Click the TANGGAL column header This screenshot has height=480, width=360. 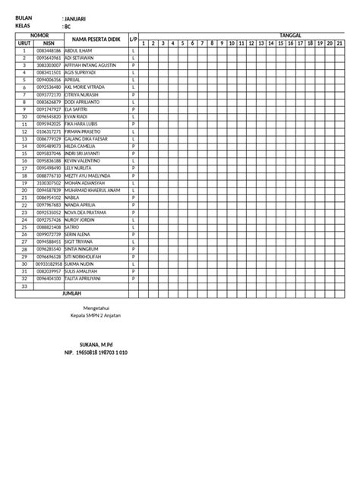[248, 36]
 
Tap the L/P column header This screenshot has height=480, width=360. [134, 39]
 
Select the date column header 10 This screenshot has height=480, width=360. [231, 43]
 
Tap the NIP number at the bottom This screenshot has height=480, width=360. [96, 353]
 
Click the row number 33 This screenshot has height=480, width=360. [23, 286]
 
